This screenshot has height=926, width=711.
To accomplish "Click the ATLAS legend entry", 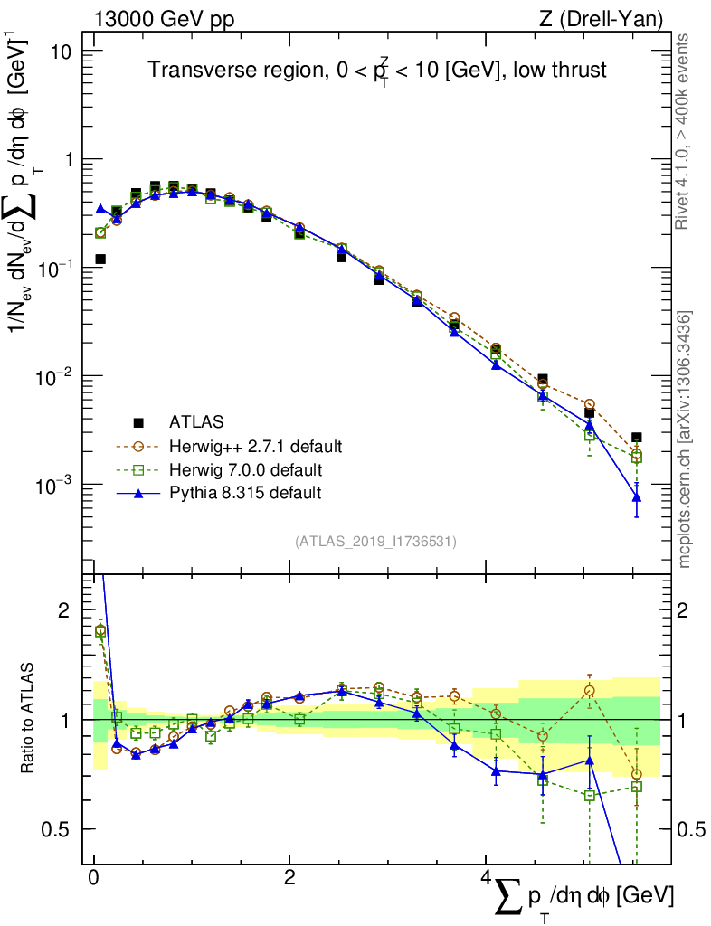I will (195, 421).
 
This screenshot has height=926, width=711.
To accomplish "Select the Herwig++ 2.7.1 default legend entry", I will (254, 446).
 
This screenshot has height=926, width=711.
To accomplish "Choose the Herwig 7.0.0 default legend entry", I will (247, 469).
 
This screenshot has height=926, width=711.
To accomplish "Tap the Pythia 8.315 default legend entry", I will (245, 493).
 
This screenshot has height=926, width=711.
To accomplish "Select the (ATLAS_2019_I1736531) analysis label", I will (375, 542).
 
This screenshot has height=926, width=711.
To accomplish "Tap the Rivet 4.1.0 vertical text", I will (685, 131).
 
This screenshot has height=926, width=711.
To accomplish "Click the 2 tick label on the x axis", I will (289, 879).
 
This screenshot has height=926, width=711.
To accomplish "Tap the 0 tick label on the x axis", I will (94, 879).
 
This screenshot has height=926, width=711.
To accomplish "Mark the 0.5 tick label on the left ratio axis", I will (59, 829).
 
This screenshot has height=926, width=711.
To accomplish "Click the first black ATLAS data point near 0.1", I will (100, 260).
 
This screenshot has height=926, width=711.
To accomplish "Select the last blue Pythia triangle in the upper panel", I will (637, 497).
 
